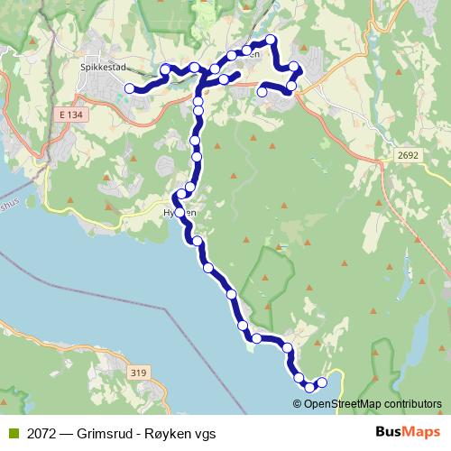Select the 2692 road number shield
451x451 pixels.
409,155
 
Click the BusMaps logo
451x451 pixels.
402,433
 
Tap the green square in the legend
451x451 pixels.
13,433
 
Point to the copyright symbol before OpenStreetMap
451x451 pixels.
298,403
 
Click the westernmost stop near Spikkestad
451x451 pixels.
130,88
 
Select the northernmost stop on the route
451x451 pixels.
271,39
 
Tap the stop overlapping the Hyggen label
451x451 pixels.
179,212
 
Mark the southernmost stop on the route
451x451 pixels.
310,387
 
